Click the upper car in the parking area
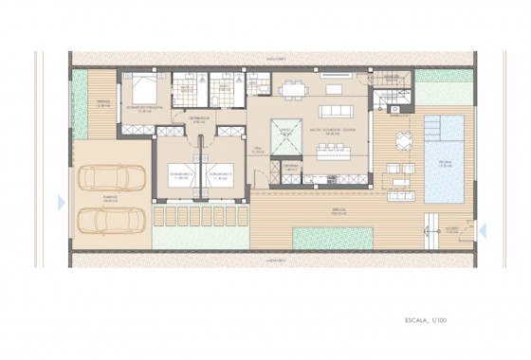[112, 177]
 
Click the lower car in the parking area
[112, 220]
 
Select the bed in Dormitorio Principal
[144, 90]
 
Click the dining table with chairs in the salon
[293, 89]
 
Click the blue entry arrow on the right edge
[483, 228]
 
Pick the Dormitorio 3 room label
[221, 175]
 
